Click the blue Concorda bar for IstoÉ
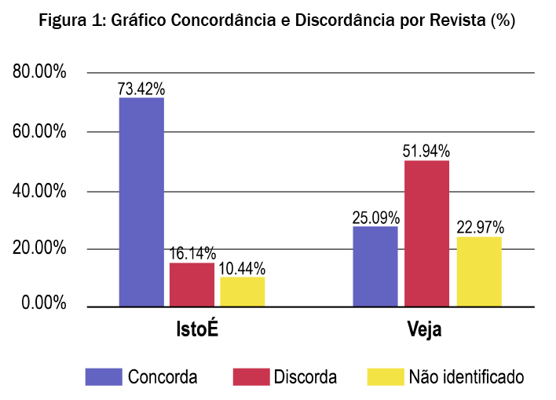point(141,201)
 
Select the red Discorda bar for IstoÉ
point(192,284)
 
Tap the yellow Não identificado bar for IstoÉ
point(243,291)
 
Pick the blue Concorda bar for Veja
point(375,266)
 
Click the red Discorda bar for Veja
point(426,233)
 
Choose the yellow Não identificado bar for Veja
point(479,271)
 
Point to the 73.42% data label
point(141,89)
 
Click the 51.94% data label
point(427,151)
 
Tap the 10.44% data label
point(243,268)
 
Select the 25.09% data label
point(376,217)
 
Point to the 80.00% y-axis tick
point(39,73)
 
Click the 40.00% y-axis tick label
point(39,192)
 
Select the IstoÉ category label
point(196,328)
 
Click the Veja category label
point(425,329)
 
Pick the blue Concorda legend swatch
point(104,376)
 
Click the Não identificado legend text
point(466,376)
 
